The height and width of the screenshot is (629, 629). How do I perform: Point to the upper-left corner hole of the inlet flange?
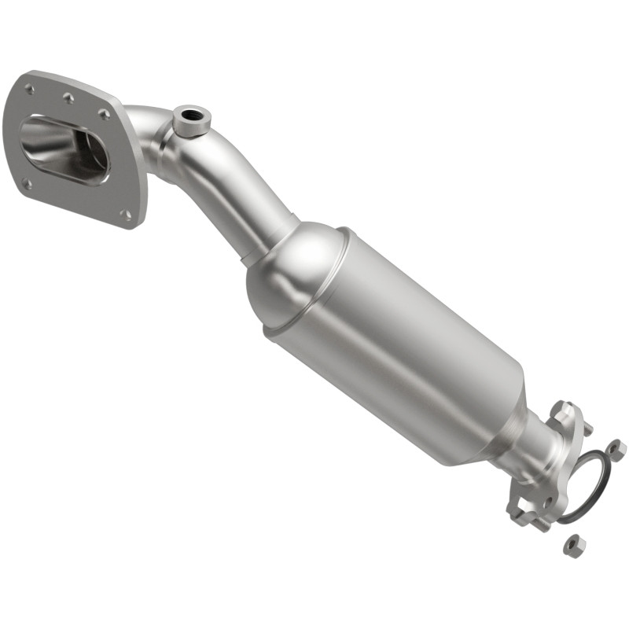click(x=30, y=90)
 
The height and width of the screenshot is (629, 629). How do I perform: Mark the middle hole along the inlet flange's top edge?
click(x=68, y=98)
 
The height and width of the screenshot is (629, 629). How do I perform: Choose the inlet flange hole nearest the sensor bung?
click(x=105, y=115)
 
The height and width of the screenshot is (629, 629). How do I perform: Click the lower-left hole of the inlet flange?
click(x=27, y=185)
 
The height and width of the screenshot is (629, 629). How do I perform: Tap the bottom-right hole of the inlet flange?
click(x=126, y=213)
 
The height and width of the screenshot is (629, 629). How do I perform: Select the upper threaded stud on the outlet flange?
click(x=586, y=429)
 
